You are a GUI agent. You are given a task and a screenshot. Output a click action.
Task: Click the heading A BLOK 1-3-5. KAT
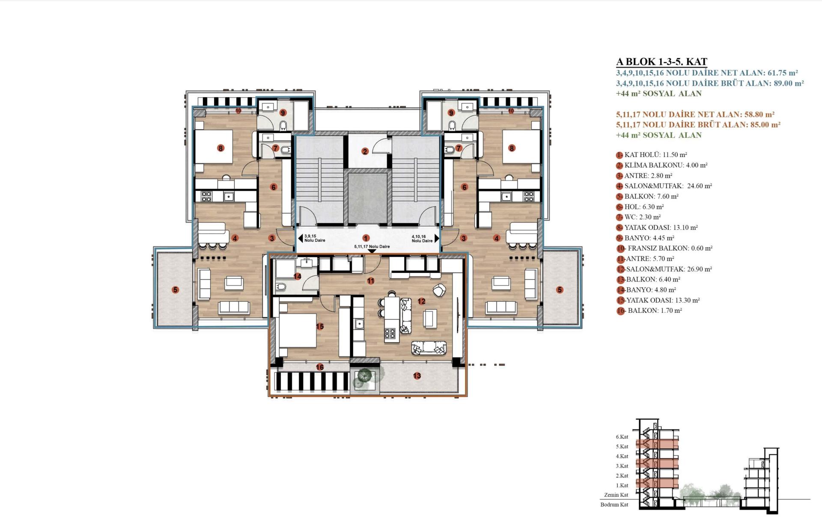click(661, 62)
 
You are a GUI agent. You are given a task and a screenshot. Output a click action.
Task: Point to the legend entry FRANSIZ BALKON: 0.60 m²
click(664, 248)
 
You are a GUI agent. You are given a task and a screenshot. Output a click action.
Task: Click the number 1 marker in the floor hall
click(366, 238)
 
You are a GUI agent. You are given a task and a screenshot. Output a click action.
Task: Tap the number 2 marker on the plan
click(365, 151)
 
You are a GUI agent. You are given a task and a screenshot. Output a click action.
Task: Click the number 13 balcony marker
click(417, 376)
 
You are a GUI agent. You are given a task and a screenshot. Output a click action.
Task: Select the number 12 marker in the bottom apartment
click(421, 301)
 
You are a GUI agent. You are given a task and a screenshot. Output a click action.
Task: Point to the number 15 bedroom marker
click(319, 326)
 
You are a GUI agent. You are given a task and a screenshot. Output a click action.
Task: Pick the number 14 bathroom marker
click(297, 276)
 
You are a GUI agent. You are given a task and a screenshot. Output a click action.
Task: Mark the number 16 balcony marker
click(319, 367)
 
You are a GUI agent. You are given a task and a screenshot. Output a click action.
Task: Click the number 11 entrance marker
click(371, 281)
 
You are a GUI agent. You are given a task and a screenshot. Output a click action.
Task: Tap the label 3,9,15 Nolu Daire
click(315, 238)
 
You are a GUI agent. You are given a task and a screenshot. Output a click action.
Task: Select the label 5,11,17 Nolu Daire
click(372, 246)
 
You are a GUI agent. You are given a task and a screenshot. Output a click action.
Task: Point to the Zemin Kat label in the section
click(616, 495)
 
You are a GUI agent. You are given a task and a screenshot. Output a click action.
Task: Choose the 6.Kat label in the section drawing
click(622, 437)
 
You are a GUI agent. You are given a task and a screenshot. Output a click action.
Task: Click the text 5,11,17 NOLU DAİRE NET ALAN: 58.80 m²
click(695, 115)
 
